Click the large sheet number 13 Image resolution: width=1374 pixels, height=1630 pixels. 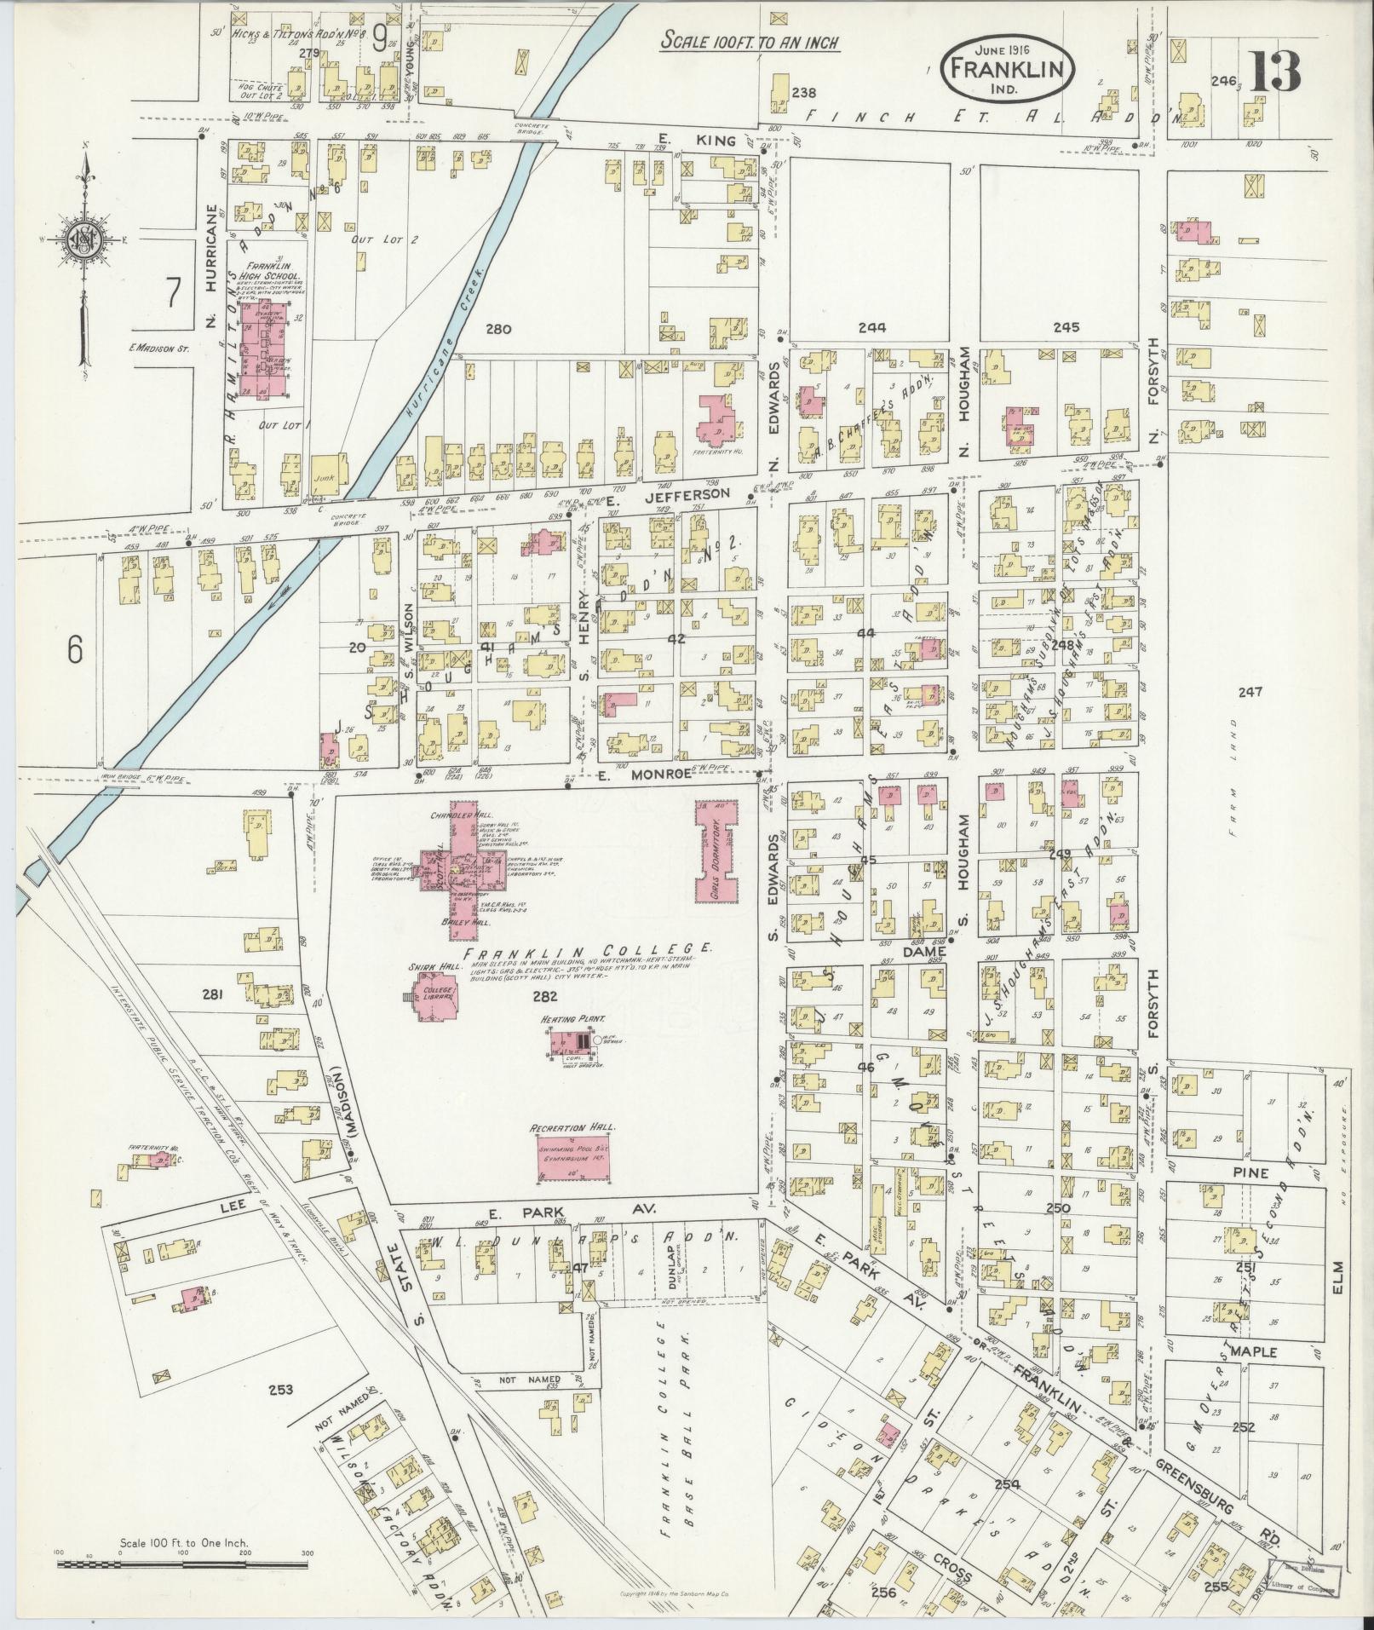tap(1275, 72)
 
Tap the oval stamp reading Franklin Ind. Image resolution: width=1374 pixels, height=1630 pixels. tap(1007, 66)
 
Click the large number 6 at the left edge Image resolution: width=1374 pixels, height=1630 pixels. tap(75, 650)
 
